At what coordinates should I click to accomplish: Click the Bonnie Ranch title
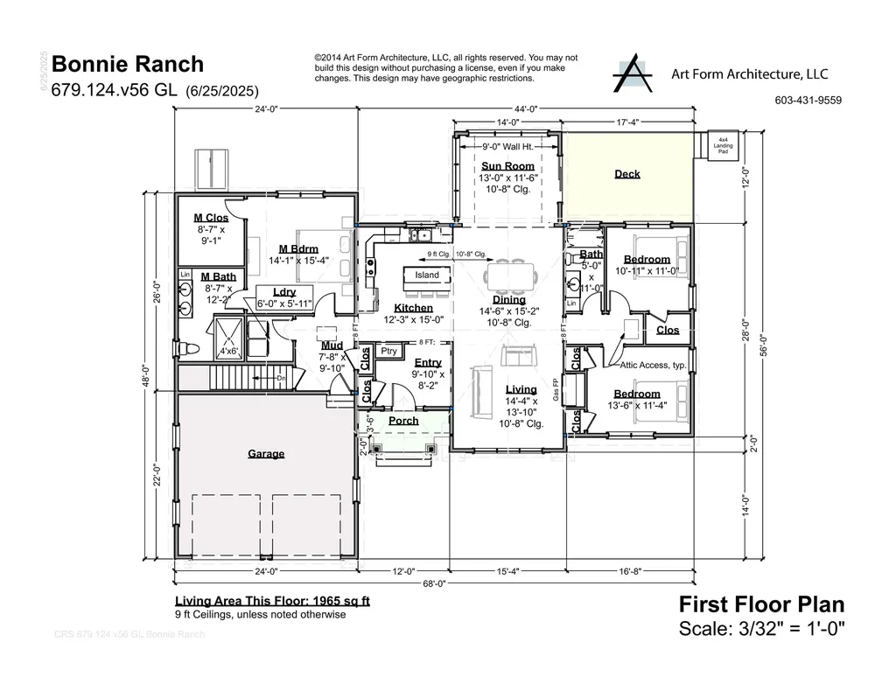pyautogui.click(x=128, y=64)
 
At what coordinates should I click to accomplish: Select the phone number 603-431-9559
pyautogui.click(x=808, y=101)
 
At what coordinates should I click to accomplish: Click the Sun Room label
pyautogui.click(x=507, y=166)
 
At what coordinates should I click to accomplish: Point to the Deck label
pyautogui.click(x=626, y=174)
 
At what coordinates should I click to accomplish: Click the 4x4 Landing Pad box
pyautogui.click(x=723, y=144)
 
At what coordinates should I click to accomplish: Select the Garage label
pyautogui.click(x=266, y=454)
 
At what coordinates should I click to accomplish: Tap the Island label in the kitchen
pyautogui.click(x=427, y=276)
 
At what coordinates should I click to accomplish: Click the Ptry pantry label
pyautogui.click(x=389, y=351)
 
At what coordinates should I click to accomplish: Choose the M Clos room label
pyautogui.click(x=211, y=218)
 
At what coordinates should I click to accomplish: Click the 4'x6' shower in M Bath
pyautogui.click(x=230, y=351)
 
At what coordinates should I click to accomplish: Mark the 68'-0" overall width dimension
pyautogui.click(x=435, y=583)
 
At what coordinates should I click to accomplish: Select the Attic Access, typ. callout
pyautogui.click(x=654, y=366)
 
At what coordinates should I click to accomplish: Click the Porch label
pyautogui.click(x=403, y=421)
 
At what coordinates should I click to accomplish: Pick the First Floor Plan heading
pyautogui.click(x=761, y=604)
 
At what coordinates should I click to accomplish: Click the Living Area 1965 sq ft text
pyautogui.click(x=272, y=601)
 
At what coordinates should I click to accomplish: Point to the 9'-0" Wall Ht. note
pyautogui.click(x=507, y=147)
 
